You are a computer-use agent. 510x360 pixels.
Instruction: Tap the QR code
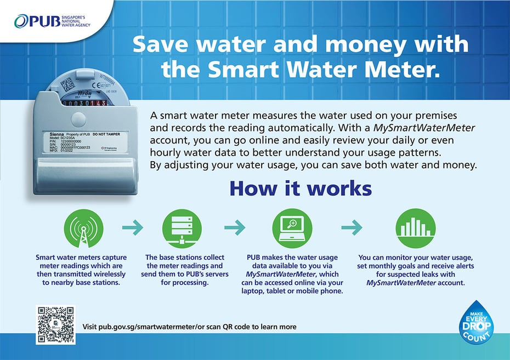tap(55, 324)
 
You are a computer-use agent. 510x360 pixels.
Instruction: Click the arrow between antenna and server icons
tap(132, 227)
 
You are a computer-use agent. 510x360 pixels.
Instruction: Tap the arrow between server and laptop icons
tap(235, 227)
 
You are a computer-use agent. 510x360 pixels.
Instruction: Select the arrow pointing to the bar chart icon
tap(352, 227)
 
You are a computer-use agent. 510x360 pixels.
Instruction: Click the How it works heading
tap(301, 188)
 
